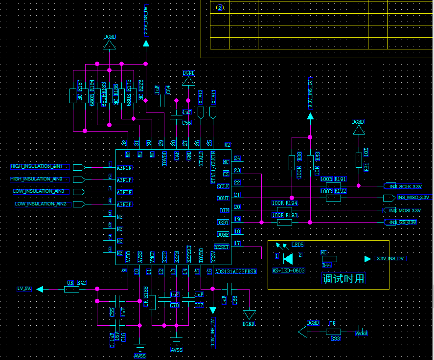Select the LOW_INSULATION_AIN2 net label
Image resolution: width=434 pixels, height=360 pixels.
pyautogui.click(x=41, y=203)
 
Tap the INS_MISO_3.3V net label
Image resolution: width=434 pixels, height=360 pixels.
pyautogui.click(x=412, y=198)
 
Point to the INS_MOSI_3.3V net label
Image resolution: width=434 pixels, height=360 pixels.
pyautogui.click(x=405, y=210)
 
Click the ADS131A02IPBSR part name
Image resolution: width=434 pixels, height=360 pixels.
pyautogui.click(x=236, y=271)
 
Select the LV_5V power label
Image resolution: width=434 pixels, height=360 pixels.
pyautogui.click(x=24, y=289)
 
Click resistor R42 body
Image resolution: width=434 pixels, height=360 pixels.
pyautogui.click(x=71, y=289)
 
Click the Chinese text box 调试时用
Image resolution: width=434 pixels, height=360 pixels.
pyautogui.click(x=343, y=279)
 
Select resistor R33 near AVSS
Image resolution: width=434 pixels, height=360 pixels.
pyautogui.click(x=333, y=332)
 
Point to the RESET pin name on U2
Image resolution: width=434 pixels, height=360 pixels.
pyautogui.click(x=222, y=247)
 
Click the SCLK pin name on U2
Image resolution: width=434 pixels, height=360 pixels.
pyautogui.click(x=223, y=186)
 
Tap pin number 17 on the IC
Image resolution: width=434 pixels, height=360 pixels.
pyautogui.click(x=237, y=243)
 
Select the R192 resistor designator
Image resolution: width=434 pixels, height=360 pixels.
pyautogui.click(x=340, y=191)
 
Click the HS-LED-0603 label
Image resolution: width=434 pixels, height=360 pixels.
pyautogui.click(x=289, y=270)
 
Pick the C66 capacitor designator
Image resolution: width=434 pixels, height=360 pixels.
pyautogui.click(x=235, y=300)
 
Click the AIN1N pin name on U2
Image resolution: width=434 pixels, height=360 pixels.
pyautogui.click(x=125, y=168)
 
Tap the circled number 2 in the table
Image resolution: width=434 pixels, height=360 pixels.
pyautogui.click(x=220, y=7)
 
